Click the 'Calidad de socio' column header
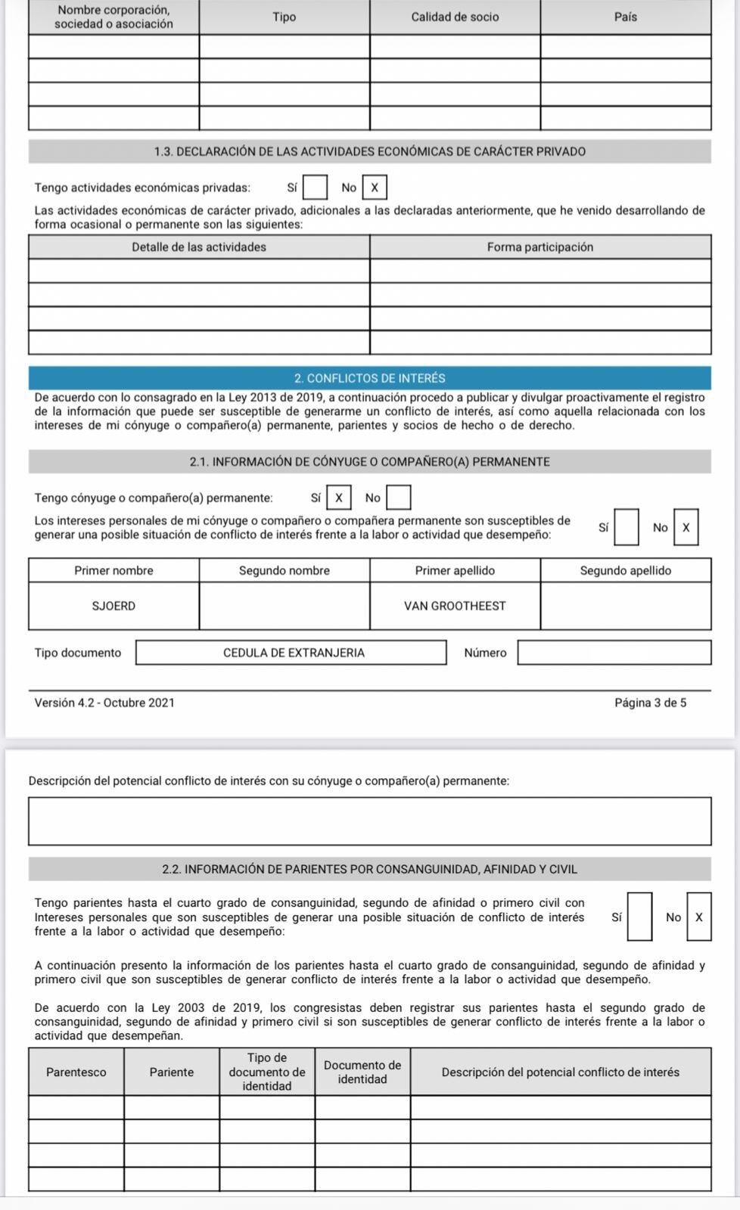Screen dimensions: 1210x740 (455, 17)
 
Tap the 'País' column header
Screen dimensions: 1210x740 (626, 17)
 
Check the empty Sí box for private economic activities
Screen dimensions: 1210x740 (315, 187)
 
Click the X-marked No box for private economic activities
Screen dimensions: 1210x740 (374, 187)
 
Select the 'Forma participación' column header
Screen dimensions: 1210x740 (540, 247)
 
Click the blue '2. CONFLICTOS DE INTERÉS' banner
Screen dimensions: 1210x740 (369, 378)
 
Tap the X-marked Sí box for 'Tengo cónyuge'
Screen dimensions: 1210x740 (338, 498)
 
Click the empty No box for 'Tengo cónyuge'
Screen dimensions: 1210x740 (399, 498)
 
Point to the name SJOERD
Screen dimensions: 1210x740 (113, 606)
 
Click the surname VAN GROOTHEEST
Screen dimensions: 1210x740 (455, 606)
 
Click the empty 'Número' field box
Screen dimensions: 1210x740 (614, 653)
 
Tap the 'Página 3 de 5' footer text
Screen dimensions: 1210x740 (650, 703)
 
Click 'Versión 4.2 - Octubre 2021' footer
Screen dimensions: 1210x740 (104, 703)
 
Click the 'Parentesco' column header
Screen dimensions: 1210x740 (76, 1072)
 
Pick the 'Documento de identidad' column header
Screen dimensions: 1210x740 (362, 1072)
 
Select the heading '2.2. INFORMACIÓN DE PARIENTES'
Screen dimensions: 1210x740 (369, 869)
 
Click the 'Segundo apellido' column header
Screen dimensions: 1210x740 (626, 570)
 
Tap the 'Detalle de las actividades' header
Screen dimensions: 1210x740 (199, 247)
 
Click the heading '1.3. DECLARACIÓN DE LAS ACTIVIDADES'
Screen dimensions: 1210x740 (369, 151)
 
